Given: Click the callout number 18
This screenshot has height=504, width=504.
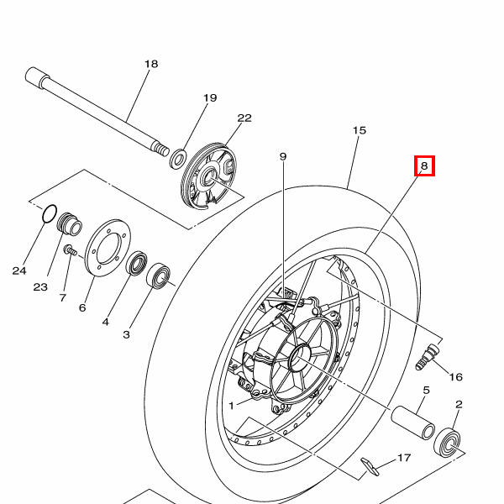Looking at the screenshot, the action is (x=151, y=64).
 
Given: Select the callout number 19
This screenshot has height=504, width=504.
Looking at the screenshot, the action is (x=210, y=97).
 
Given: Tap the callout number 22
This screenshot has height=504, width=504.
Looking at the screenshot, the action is (x=244, y=118).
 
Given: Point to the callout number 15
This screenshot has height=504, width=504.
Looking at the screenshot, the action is (x=360, y=130).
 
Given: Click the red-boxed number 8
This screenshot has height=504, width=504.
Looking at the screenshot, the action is (x=424, y=165).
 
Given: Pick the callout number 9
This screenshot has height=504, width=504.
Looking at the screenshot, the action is (x=283, y=156).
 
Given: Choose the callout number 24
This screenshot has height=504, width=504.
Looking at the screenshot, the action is (x=19, y=270).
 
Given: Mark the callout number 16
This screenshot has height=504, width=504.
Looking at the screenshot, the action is (x=456, y=376).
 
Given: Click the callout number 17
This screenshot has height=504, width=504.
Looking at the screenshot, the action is (x=404, y=458).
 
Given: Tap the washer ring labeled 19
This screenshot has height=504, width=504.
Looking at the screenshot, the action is (x=178, y=159).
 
